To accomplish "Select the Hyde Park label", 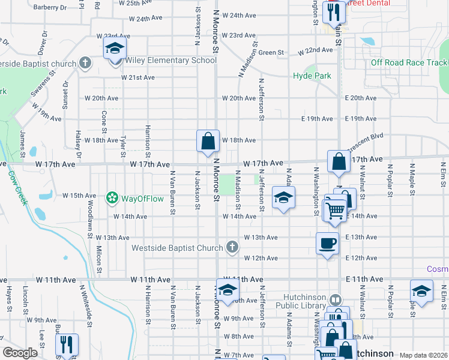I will click(312, 76).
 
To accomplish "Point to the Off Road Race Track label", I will click(409, 63).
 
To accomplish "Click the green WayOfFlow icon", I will click(111, 197).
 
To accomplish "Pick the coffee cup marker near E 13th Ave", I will click(327, 244).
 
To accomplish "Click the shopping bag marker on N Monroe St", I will click(208, 142).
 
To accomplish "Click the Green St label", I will click(272, 53).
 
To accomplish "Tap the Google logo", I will click(20, 353).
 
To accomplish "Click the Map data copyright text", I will click(423, 355).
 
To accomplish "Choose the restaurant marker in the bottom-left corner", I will click(65, 344).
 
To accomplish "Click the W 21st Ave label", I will click(137, 77).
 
